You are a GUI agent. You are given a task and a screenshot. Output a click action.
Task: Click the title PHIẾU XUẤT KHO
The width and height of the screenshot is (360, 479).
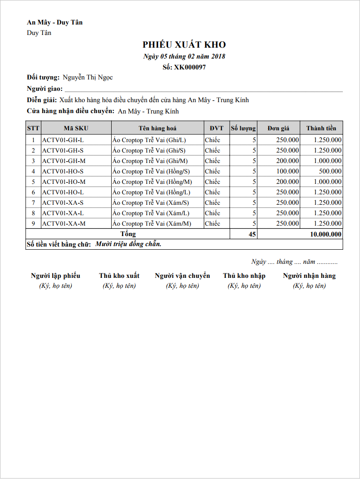coord(184,44)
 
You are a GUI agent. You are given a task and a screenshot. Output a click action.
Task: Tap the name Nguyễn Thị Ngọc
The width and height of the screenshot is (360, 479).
coord(88,77)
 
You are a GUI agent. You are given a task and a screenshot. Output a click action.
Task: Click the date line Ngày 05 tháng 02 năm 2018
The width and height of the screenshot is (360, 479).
coord(184,56)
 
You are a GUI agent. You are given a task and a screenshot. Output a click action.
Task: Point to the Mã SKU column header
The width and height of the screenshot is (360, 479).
coord(76,128)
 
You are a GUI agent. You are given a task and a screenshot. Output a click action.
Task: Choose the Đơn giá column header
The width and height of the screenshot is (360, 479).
coord(278,128)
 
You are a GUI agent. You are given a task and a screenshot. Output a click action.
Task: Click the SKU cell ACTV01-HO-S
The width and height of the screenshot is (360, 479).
coord(63,171)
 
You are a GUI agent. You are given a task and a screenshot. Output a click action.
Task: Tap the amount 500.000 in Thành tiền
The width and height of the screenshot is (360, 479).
coord(330,171)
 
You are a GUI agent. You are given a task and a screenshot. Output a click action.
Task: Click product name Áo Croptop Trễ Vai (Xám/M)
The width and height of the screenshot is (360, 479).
coord(152,223)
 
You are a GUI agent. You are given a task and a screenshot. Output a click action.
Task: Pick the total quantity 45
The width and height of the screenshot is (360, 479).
coord(252,234)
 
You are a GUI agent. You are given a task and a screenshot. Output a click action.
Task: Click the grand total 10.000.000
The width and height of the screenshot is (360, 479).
coord(325,234)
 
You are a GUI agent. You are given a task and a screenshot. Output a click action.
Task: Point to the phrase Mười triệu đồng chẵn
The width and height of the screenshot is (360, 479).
coord(128,244)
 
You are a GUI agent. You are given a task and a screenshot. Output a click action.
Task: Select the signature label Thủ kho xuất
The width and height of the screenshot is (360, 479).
coord(119,276)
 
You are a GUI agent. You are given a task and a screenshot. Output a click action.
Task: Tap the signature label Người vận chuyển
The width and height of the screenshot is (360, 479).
coord(182,276)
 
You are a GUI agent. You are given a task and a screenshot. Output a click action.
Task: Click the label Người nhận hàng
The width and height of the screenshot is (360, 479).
coord(309,276)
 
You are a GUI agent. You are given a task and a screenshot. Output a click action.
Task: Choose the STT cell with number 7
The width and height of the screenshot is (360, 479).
coord(33,202)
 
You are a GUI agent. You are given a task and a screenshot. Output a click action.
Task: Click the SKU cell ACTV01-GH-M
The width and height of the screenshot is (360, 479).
coord(64,161)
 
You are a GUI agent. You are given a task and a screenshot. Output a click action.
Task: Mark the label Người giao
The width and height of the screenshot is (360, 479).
coord(44,89)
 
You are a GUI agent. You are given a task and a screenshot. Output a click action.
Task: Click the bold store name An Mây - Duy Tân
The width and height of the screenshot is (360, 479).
coord(55,22)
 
